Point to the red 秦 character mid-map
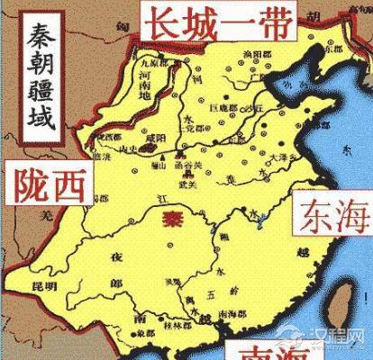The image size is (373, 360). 166,219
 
